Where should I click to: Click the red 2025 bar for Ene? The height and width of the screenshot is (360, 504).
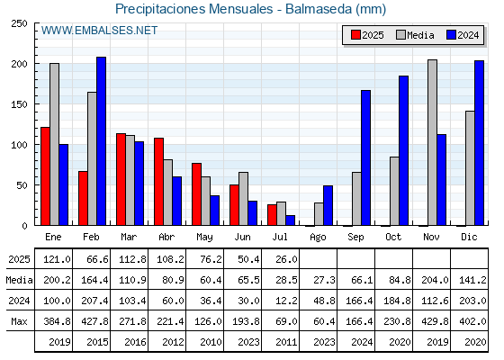click(x=45, y=176)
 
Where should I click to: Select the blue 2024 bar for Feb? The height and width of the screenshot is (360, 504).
click(x=101, y=141)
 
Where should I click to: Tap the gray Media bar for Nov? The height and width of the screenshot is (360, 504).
click(x=432, y=142)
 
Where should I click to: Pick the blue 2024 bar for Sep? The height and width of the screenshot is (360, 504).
click(x=365, y=157)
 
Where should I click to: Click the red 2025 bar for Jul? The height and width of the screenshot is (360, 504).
click(x=272, y=215)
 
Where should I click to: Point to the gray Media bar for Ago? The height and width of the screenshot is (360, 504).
click(x=319, y=214)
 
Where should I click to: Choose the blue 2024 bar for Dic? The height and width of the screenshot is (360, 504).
click(x=479, y=143)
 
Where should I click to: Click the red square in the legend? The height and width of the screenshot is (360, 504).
click(x=355, y=35)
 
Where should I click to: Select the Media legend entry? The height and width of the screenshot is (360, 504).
click(x=415, y=35)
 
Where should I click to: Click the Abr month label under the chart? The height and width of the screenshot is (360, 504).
click(x=166, y=237)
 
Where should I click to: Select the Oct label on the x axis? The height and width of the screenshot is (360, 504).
click(x=393, y=237)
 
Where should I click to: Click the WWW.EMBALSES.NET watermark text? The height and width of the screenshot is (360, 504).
click(x=100, y=31)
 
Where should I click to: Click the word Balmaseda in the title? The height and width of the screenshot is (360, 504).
click(x=319, y=9)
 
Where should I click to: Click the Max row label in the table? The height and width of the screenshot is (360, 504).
click(x=19, y=321)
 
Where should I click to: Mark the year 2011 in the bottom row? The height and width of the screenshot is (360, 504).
click(x=286, y=342)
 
